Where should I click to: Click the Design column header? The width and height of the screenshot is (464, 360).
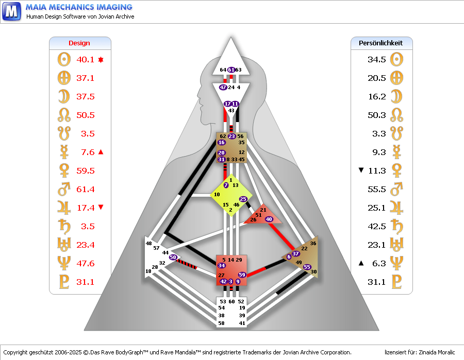79,43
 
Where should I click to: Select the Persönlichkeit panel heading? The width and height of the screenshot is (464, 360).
380,43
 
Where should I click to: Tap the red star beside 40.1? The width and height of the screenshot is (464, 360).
101,60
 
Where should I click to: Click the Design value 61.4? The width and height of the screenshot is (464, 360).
86,190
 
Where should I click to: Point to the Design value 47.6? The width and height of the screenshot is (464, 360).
86,264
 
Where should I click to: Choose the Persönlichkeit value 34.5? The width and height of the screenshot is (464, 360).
377,60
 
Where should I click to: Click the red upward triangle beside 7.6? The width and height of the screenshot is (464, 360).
101,152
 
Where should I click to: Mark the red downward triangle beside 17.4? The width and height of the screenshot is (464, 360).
101,208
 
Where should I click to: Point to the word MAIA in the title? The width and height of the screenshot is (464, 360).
38,7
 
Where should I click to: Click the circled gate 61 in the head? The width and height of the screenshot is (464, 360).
231,70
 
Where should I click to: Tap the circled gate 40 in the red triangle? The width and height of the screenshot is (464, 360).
269,219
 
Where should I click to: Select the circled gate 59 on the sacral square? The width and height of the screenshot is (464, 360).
242,275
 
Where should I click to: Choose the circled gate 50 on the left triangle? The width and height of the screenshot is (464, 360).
173,257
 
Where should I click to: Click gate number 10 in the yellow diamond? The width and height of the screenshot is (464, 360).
217,195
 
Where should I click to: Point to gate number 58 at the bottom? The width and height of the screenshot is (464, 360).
222,323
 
